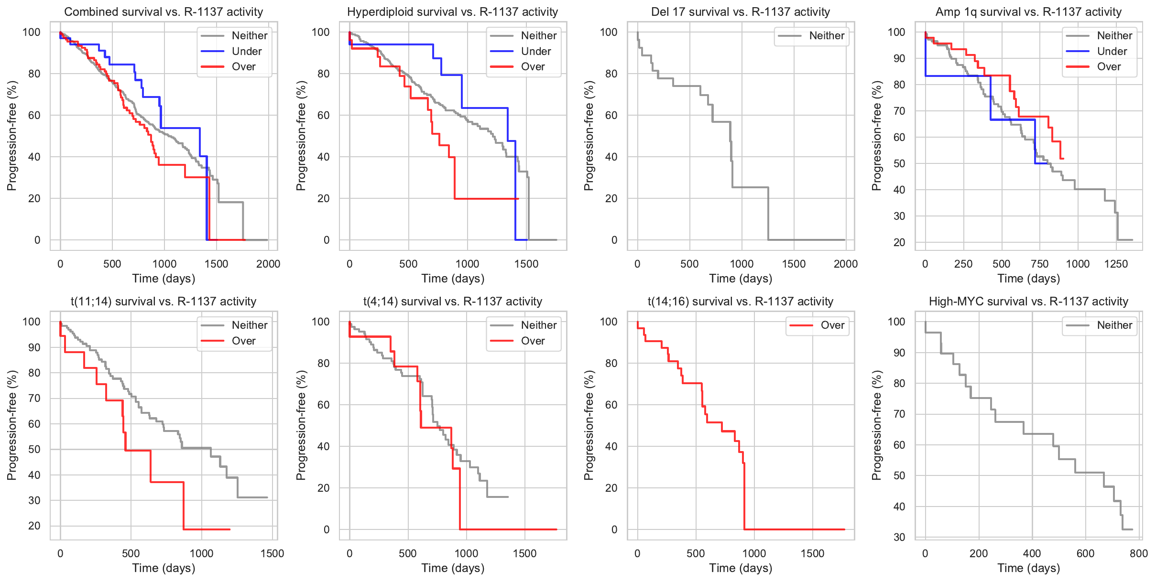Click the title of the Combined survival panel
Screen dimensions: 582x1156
coord(164,12)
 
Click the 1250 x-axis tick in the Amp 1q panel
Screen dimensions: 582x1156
coord(1116,264)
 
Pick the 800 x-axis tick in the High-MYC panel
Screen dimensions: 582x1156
coord(1139,553)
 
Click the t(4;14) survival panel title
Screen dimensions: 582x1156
coord(452,302)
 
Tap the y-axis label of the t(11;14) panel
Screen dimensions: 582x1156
coord(12,425)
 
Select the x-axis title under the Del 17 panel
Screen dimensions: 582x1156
coord(741,279)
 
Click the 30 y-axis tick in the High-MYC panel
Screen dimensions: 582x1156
coord(899,537)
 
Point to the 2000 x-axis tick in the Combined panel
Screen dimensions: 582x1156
coord(268,264)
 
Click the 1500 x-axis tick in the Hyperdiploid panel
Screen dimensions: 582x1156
coord(526,264)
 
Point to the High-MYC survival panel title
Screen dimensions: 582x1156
coord(1028,302)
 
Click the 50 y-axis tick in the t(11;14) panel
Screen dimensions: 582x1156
coord(34,449)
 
